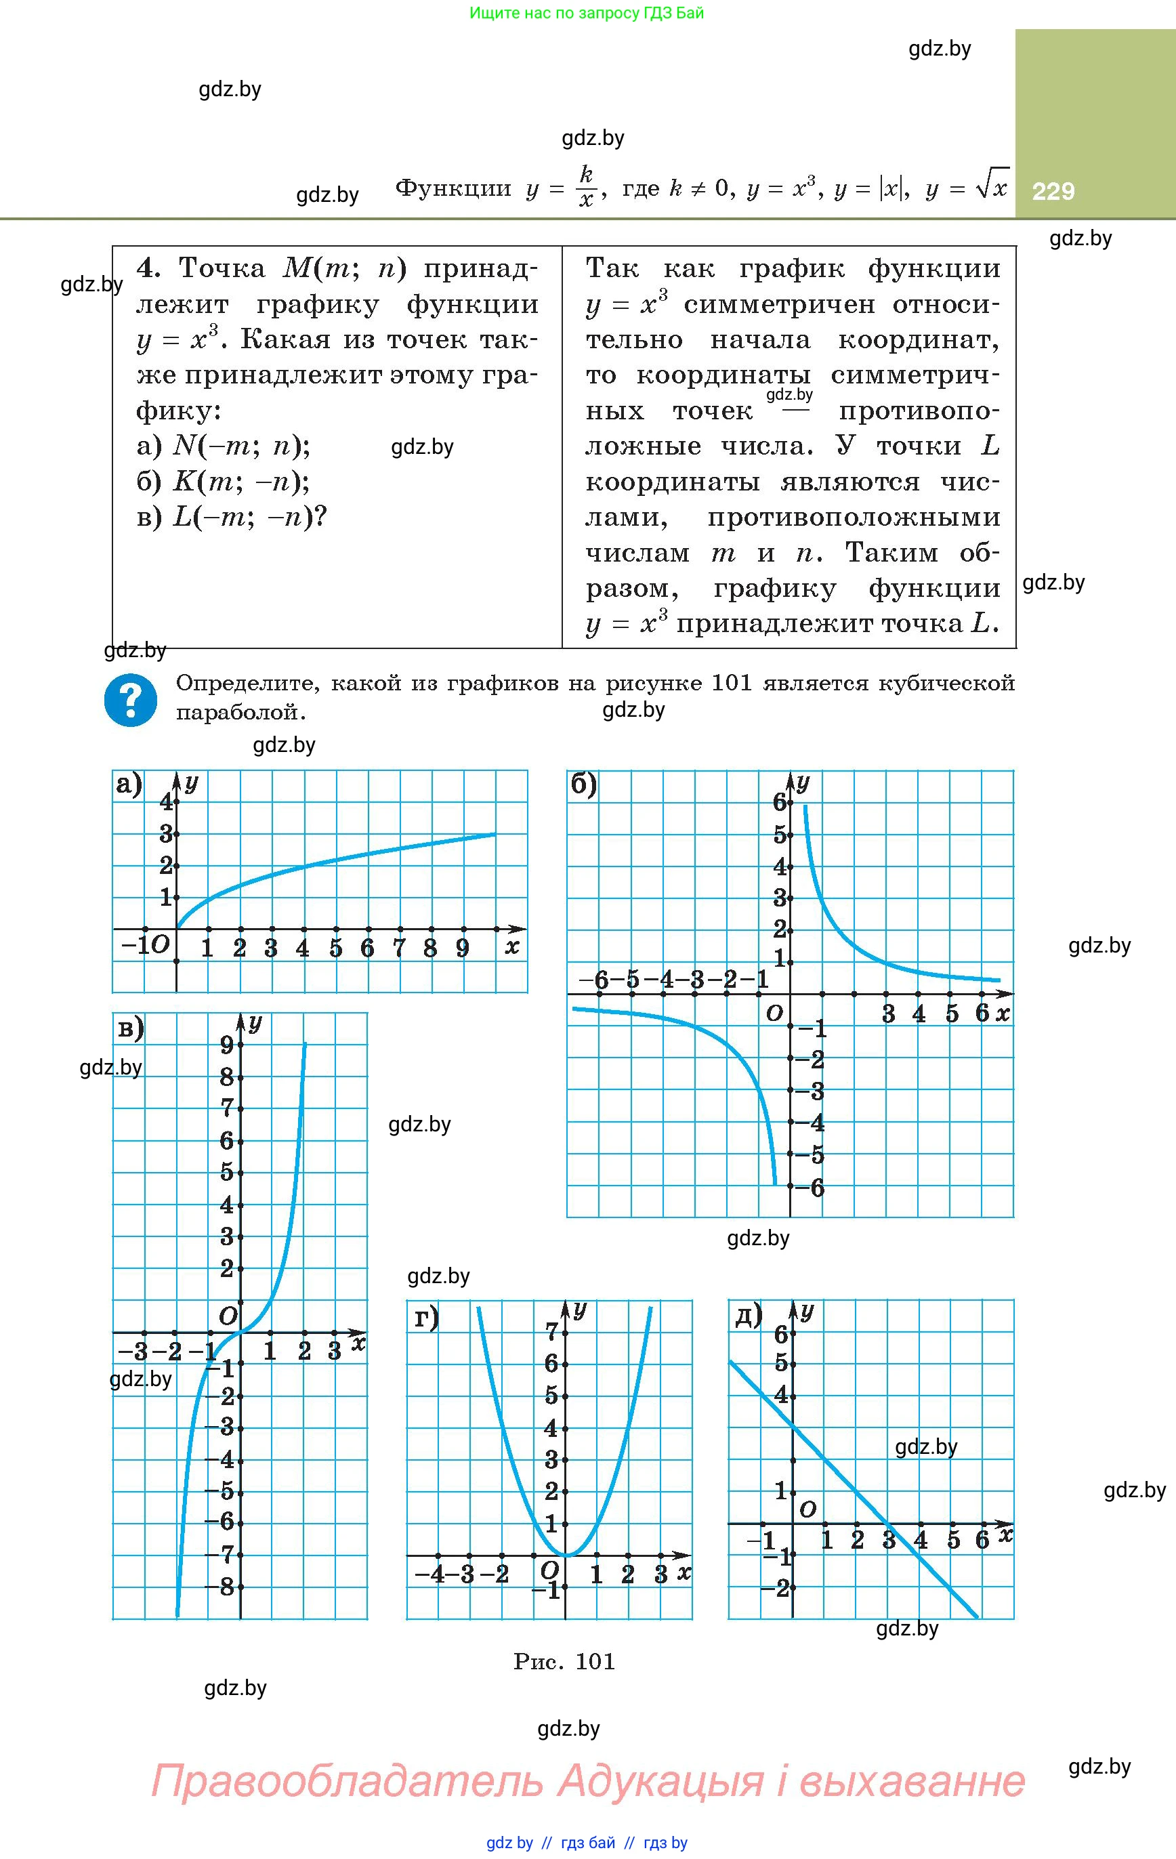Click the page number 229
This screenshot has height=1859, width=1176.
1053,190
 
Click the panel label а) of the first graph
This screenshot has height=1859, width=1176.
128,785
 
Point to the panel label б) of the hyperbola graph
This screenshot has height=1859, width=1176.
584,785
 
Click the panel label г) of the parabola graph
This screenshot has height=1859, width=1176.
426,1318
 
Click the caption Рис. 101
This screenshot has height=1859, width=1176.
564,1661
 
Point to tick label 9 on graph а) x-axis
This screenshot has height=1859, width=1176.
463,948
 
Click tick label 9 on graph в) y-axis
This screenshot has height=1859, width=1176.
226,1045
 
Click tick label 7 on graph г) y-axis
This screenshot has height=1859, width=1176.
551,1332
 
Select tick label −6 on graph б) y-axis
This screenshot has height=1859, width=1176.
813,1188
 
